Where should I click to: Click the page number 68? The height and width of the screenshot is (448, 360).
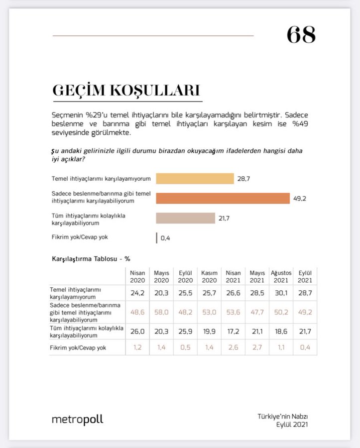(301, 35)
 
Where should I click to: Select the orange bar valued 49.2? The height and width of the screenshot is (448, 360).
(223, 198)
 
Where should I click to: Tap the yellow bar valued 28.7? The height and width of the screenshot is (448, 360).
(195, 179)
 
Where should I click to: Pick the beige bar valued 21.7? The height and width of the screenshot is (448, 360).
(185, 218)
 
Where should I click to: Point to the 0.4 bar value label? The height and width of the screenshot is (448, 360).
(165, 238)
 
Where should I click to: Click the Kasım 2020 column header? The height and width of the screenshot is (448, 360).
(209, 277)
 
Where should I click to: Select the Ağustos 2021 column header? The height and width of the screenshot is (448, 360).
(281, 277)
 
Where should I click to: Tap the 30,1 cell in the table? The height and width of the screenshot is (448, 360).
(281, 293)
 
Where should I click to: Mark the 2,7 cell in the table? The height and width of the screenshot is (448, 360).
(257, 347)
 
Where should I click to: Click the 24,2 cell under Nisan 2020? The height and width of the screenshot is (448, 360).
(137, 293)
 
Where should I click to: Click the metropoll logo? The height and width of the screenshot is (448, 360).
(77, 420)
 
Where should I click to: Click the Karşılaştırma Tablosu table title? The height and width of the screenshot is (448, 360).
(91, 259)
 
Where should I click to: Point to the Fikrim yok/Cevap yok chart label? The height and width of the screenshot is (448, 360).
(80, 237)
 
